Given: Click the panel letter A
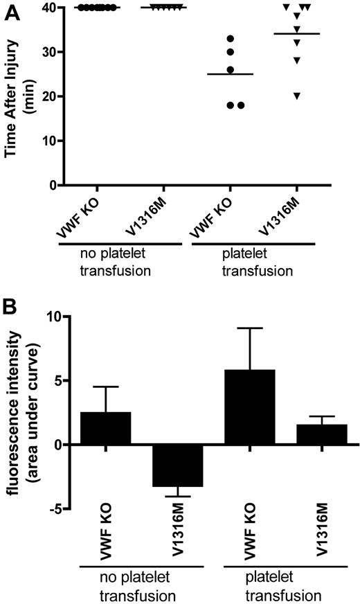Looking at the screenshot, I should (9, 8).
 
